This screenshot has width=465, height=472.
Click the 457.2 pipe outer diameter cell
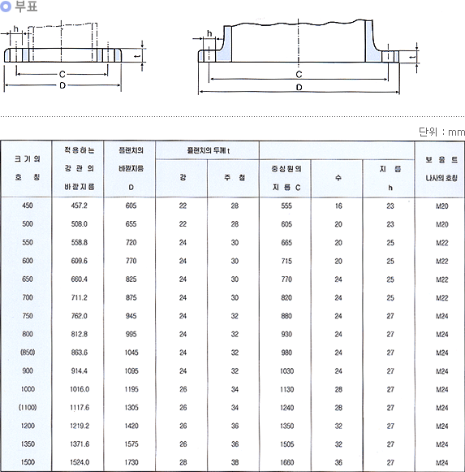pos(79,206)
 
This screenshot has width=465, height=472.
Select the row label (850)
pos(28,353)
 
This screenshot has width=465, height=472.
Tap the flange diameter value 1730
pos(131,462)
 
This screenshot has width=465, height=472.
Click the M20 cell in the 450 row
pos(441,206)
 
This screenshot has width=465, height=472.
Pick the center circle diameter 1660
pos(286,462)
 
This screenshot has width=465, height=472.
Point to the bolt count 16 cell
pos(338,206)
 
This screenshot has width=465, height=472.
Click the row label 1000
pos(28,389)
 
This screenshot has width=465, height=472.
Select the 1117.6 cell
pos(80,407)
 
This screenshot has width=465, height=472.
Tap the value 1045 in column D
pos(131,353)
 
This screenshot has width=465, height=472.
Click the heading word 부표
pos(26,6)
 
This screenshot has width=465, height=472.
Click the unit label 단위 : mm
pos(441,132)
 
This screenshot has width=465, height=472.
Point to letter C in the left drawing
pos(62,74)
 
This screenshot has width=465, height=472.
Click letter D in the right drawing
pos(299,87)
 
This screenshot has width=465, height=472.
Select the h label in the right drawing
pos(209,33)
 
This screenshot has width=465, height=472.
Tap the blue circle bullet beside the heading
pos(6,6)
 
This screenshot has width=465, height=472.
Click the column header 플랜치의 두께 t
pos(208,150)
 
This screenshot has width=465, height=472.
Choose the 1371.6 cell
pos(80,444)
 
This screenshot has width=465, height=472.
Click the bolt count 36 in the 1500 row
pos(338,462)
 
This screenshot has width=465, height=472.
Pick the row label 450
pos(28,206)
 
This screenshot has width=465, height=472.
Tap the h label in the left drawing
pos(16,29)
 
